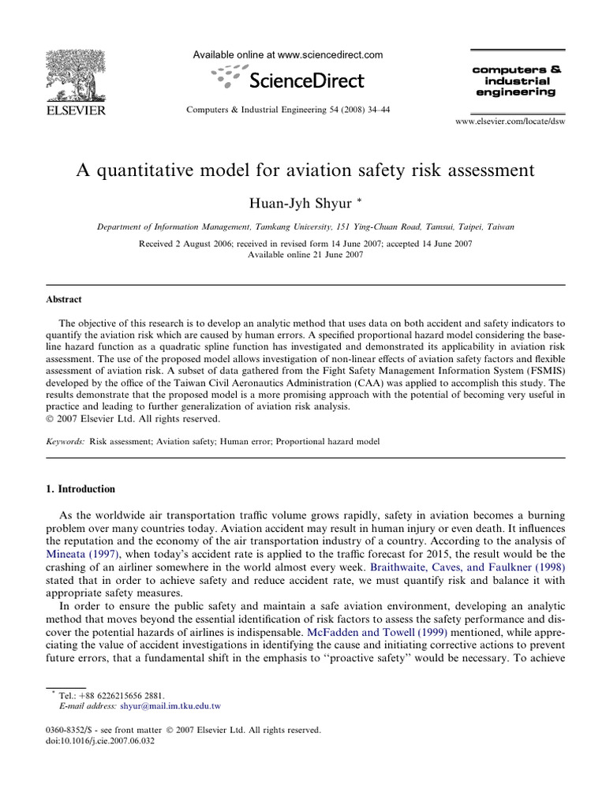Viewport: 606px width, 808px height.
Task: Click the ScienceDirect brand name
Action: coord(306,80)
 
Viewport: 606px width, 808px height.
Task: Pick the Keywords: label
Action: coord(63,443)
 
